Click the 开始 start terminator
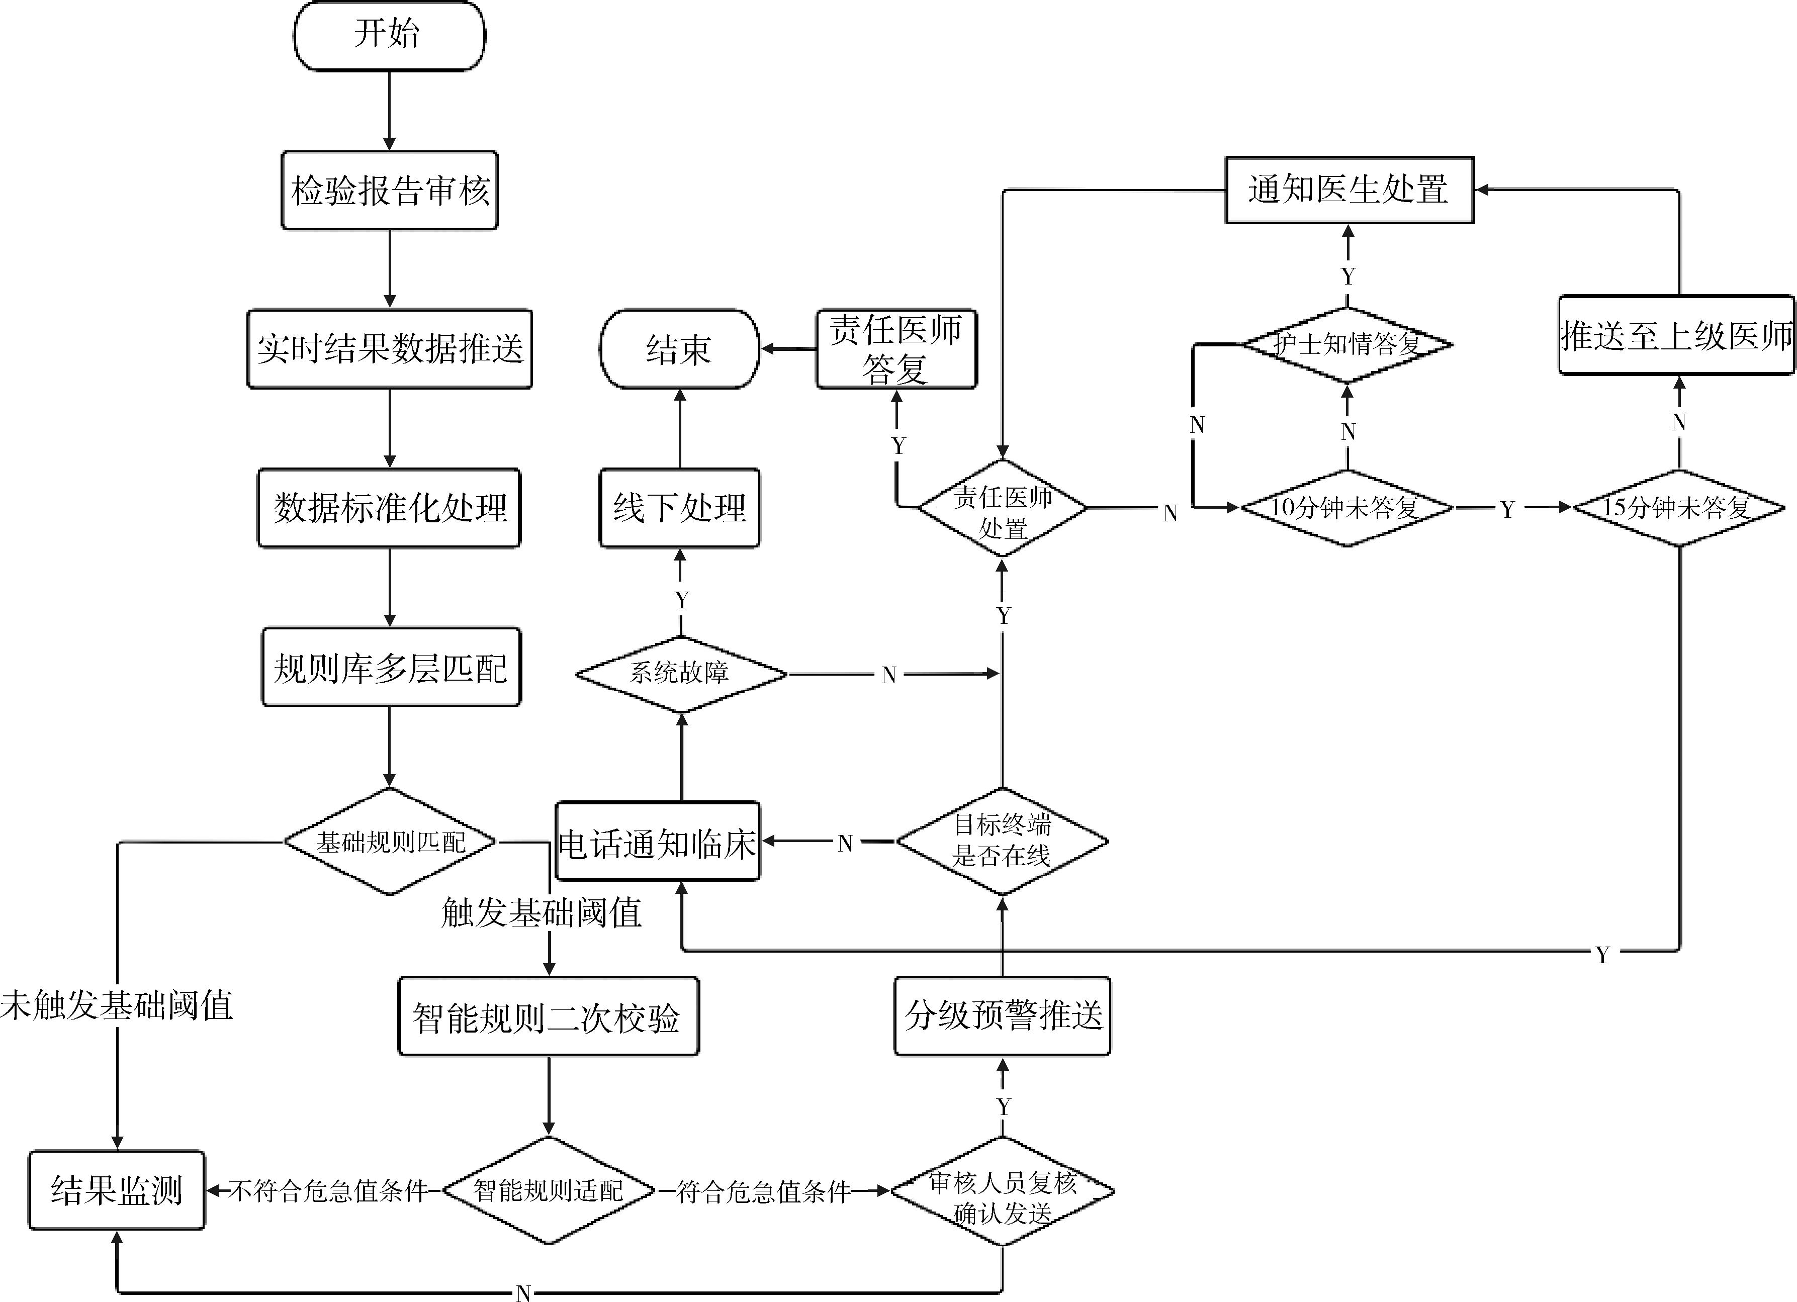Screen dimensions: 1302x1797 tap(389, 36)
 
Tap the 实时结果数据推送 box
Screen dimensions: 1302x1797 tap(389, 348)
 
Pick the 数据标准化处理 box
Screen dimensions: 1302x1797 tap(389, 508)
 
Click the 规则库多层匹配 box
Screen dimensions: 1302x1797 tap(391, 668)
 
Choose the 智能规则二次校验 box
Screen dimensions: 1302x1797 tap(548, 1016)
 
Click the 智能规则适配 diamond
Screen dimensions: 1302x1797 tap(548, 1190)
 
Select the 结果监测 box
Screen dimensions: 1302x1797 tap(117, 1189)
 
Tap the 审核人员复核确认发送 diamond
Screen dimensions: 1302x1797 tap(1002, 1191)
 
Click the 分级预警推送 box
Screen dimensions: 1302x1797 tap(1002, 1015)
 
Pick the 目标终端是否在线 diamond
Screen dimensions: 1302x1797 tap(1002, 841)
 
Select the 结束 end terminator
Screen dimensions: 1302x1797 tap(679, 349)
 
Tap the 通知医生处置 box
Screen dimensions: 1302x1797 tap(1350, 190)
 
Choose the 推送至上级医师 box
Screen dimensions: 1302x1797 tap(1676, 336)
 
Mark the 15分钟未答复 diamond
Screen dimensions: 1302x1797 tap(1678, 508)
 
